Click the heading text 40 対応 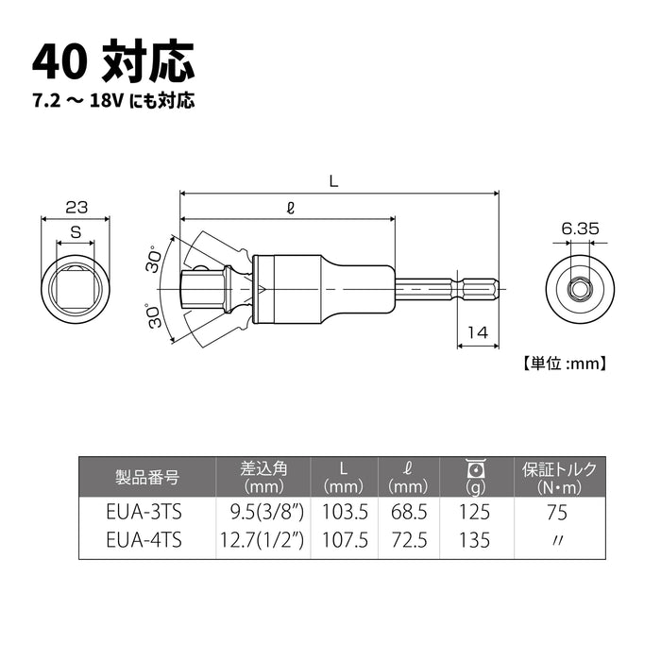[113, 62]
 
